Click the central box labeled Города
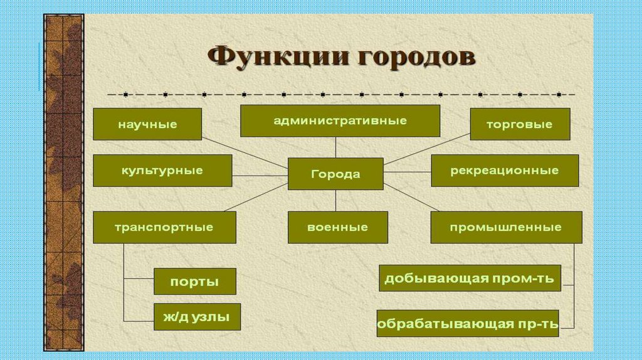(335, 174)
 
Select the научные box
(147, 124)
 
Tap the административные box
(340, 120)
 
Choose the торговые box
(520, 124)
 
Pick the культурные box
(162, 171)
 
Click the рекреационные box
(504, 171)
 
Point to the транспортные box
(164, 227)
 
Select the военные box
(337, 227)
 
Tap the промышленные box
(506, 227)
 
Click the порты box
(194, 282)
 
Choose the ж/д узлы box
(197, 317)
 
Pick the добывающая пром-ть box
(470, 278)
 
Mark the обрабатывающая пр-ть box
(467, 323)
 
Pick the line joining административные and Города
(335, 147)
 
